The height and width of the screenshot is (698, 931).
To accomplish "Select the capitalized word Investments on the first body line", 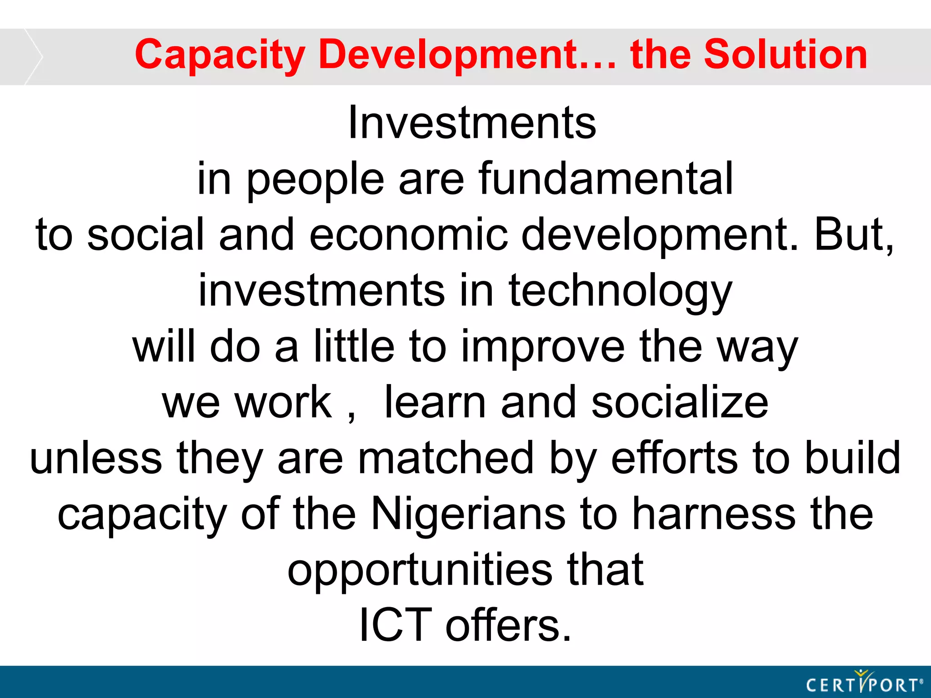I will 472,123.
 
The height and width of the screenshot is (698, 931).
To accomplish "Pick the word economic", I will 408,234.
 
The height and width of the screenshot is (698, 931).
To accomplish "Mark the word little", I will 354,346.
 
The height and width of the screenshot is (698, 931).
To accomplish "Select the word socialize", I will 680,403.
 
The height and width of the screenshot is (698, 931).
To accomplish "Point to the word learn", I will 435,403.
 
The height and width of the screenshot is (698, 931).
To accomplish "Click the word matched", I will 446,458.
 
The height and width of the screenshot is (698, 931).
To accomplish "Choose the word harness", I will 714,514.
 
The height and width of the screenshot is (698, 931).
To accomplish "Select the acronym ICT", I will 395,626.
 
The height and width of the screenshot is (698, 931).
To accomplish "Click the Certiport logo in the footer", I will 864,683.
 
